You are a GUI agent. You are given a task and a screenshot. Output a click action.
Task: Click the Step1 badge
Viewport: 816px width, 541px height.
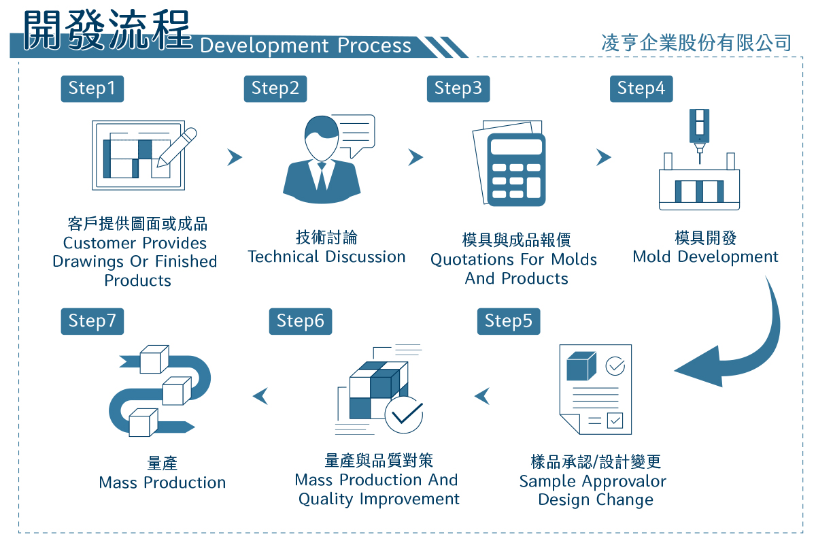tap(92, 88)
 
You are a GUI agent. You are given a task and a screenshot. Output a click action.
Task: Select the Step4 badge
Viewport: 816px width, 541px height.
tap(641, 88)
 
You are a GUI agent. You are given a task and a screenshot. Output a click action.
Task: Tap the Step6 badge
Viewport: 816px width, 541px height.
tap(301, 321)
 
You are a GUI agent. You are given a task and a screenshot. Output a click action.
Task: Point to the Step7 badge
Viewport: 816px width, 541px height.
tap(92, 321)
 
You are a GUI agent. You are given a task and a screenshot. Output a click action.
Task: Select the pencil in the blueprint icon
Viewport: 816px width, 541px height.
tap(177, 148)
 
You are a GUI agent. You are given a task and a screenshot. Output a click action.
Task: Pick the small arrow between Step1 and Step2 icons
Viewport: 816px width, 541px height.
tap(235, 157)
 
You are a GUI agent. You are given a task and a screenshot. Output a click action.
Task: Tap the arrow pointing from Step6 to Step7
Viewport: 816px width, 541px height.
tap(260, 396)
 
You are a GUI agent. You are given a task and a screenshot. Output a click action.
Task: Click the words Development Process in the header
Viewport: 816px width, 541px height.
tap(305, 46)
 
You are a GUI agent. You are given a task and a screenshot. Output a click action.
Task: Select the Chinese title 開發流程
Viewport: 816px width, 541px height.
tap(107, 30)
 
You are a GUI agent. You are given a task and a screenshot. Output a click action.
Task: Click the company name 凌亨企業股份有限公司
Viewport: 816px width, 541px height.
tap(696, 43)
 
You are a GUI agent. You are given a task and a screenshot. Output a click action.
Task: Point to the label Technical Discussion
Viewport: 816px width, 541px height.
tap(327, 257)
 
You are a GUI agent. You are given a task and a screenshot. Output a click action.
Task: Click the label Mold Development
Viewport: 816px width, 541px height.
tap(706, 257)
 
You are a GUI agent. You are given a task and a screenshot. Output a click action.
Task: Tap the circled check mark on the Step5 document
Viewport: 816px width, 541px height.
tap(615, 366)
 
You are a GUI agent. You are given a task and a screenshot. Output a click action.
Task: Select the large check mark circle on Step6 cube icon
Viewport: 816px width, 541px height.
tap(404, 415)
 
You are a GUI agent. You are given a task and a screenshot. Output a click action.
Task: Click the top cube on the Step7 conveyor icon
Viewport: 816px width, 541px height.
tap(154, 359)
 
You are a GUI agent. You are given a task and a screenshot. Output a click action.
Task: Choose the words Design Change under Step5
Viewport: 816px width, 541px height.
tap(596, 499)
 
